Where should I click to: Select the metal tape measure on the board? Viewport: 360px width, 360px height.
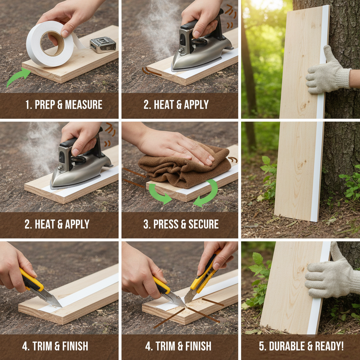[x=103, y=45]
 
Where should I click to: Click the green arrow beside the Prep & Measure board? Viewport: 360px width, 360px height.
[x=18, y=77]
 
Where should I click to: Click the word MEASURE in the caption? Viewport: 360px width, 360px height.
[x=84, y=105]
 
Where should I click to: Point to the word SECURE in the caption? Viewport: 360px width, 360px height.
[x=204, y=224]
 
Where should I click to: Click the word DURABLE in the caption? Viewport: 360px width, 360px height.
[x=286, y=346]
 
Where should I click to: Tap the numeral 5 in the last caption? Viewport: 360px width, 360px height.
[x=262, y=346]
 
